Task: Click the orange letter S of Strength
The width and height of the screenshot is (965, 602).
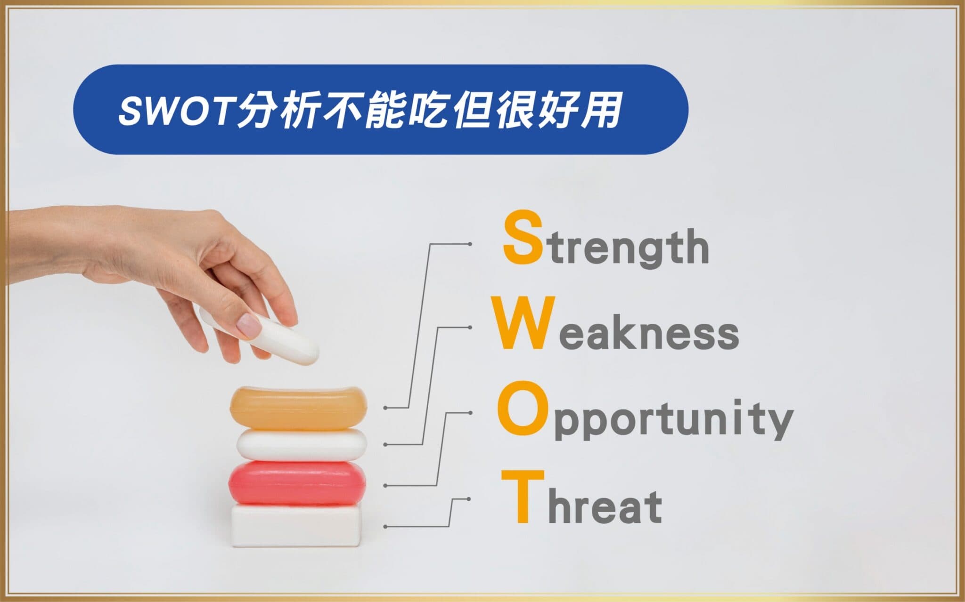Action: click(522, 237)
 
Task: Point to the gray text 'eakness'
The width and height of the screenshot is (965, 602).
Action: click(648, 331)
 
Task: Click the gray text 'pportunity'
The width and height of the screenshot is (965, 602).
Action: click(673, 420)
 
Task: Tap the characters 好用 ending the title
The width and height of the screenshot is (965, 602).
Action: click(577, 110)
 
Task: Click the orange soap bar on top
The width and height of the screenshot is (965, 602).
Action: click(298, 408)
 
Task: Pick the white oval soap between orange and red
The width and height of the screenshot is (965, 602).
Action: click(302, 445)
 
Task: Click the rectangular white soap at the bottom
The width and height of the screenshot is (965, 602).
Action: click(297, 525)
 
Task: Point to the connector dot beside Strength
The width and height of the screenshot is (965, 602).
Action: click(470, 244)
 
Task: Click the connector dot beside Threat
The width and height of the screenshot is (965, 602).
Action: click(469, 498)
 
